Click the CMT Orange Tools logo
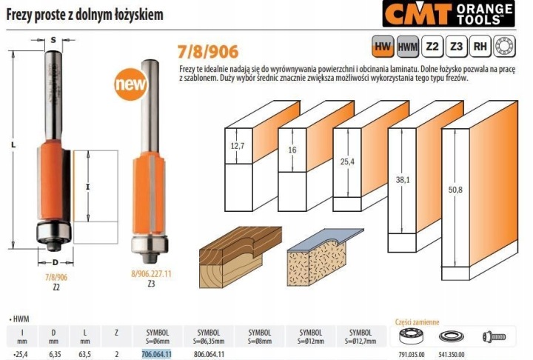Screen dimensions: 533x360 point(449,13)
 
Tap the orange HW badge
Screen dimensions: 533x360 point(383,46)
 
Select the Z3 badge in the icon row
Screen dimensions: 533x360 point(456,46)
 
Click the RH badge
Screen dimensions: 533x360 point(480,46)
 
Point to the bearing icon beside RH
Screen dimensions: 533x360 point(504,46)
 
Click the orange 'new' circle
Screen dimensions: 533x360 point(131,84)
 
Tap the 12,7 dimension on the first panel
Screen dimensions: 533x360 point(238,146)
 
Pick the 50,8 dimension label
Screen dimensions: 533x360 point(455,190)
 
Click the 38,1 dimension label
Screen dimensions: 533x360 point(403,180)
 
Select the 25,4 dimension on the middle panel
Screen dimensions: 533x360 point(347,161)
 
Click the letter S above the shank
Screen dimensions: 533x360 point(53,40)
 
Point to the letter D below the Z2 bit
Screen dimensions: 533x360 point(56,262)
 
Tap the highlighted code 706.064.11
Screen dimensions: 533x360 point(157,354)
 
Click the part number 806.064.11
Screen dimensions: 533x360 point(209,354)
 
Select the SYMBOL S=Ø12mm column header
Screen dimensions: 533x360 point(311,336)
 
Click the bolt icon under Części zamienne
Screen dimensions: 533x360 point(494,337)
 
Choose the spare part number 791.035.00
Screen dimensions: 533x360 point(412,355)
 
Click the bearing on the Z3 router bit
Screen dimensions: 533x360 point(150,245)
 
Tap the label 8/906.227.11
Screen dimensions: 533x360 point(151,274)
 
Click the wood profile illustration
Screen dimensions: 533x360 point(241,257)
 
